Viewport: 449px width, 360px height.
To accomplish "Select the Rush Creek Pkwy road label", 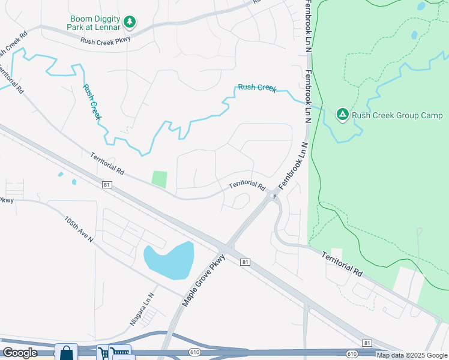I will coord(106,41).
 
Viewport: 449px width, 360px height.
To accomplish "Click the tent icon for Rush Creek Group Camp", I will coord(342,114).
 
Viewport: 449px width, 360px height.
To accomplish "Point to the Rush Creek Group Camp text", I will coord(397,116).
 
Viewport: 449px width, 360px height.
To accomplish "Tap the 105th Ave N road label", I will coord(79,229).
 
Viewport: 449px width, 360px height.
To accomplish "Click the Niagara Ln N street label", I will coord(142,308).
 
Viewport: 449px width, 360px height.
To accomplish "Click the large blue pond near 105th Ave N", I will coord(169,260).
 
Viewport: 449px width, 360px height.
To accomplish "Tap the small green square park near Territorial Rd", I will coord(159,179).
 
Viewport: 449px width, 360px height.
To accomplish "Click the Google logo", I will coord(20,353).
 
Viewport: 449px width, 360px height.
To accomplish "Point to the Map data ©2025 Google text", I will coord(412,355).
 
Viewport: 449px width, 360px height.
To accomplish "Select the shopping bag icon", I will coord(67,352).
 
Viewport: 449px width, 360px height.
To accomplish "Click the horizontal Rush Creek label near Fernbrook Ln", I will coord(257,88).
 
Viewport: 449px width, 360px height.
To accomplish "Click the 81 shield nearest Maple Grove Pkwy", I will coord(245,262).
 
